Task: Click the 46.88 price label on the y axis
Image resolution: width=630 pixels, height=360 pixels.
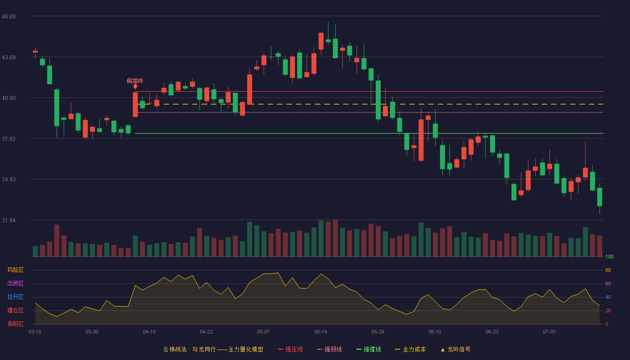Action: [x=9, y=17]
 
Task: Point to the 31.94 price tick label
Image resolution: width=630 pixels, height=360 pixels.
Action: [x=9, y=220]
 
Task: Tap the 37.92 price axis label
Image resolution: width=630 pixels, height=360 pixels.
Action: [x=9, y=139]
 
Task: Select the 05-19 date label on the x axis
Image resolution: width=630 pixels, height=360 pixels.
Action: [x=320, y=332]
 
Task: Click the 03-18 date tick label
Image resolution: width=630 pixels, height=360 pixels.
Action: [x=35, y=332]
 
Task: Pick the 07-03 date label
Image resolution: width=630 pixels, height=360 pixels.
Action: [x=549, y=332]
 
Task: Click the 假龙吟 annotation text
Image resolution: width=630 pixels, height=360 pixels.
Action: [x=135, y=81]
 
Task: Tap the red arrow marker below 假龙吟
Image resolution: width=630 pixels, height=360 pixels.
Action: [x=135, y=86]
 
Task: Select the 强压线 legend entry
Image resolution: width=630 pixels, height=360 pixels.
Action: [x=291, y=349]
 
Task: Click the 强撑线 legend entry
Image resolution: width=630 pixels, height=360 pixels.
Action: [x=369, y=349]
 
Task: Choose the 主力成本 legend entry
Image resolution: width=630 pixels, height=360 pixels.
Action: [x=410, y=349]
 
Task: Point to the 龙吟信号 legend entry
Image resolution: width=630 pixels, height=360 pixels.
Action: [x=455, y=349]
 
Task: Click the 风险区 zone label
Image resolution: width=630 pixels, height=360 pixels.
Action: [x=15, y=270]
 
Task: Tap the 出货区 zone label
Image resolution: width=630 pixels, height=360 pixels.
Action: [x=15, y=283]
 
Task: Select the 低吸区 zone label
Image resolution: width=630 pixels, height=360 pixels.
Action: [x=15, y=324]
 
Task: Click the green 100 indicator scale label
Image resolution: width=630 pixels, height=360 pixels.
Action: [x=609, y=256]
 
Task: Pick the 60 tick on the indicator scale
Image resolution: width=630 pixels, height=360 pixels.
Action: [x=608, y=283]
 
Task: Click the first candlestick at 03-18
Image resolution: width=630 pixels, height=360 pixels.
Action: [x=35, y=52]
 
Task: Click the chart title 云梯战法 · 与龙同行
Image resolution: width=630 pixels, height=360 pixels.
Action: [x=189, y=349]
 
